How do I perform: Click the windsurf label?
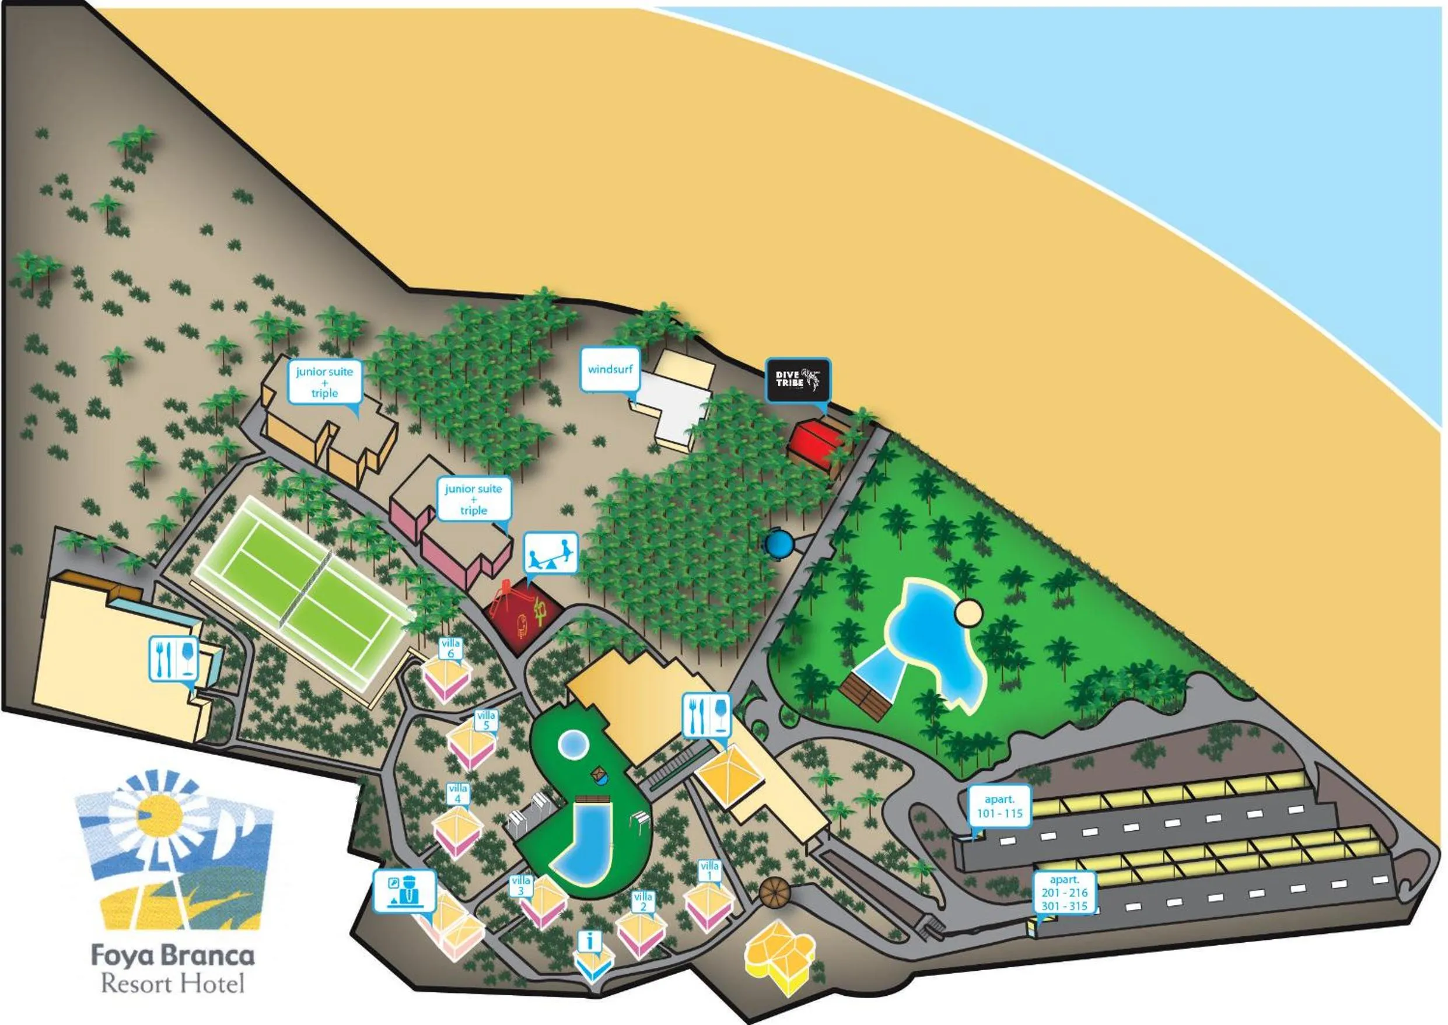[609, 369]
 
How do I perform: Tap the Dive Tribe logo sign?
[798, 380]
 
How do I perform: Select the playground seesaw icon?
[550, 553]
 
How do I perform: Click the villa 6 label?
[451, 648]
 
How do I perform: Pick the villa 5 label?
[486, 720]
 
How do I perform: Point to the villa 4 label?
[457, 793]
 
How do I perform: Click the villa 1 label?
[709, 871]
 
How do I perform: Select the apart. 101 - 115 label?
[999, 807]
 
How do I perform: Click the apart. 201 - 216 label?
[1064, 892]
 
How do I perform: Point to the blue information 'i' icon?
[590, 942]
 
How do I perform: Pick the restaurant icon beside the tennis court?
[174, 658]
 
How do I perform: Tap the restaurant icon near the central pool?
[706, 715]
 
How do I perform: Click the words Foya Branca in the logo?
[173, 955]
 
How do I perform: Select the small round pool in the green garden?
[573, 745]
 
